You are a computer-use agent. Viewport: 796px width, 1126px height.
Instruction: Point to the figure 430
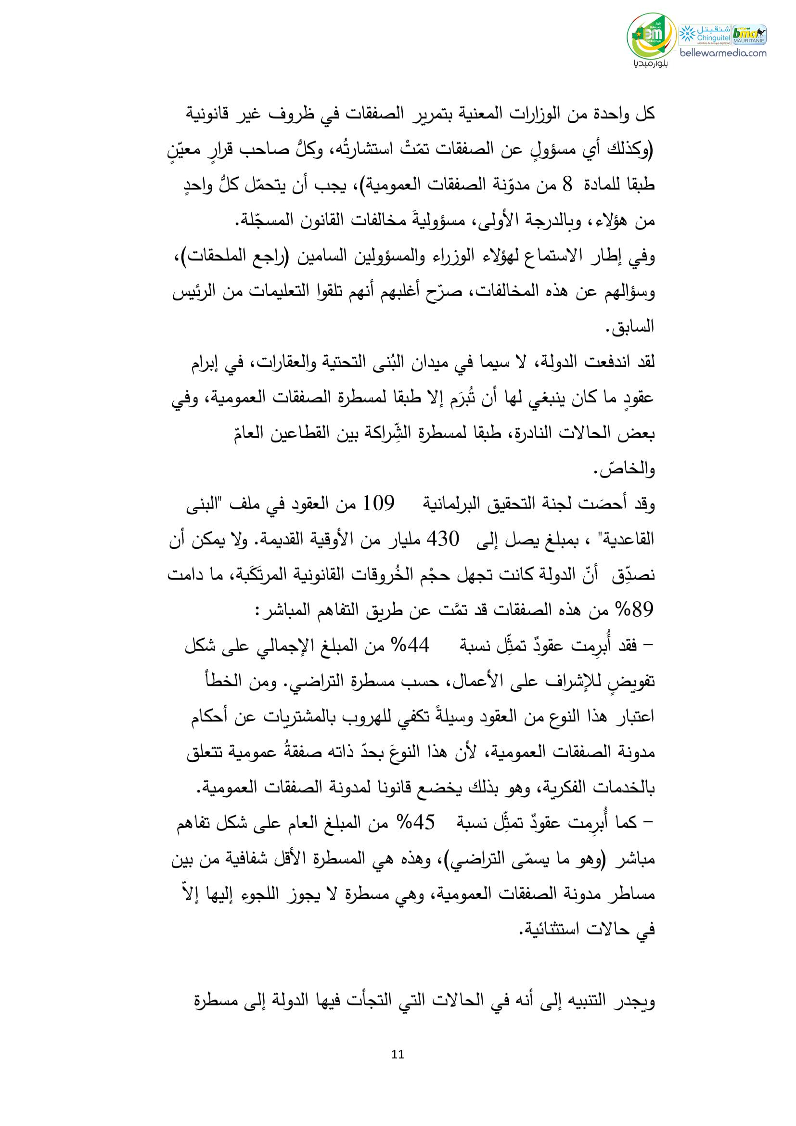pyautogui.click(x=443, y=540)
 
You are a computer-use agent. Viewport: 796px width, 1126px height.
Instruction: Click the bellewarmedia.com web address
pyautogui.click(x=723, y=52)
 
